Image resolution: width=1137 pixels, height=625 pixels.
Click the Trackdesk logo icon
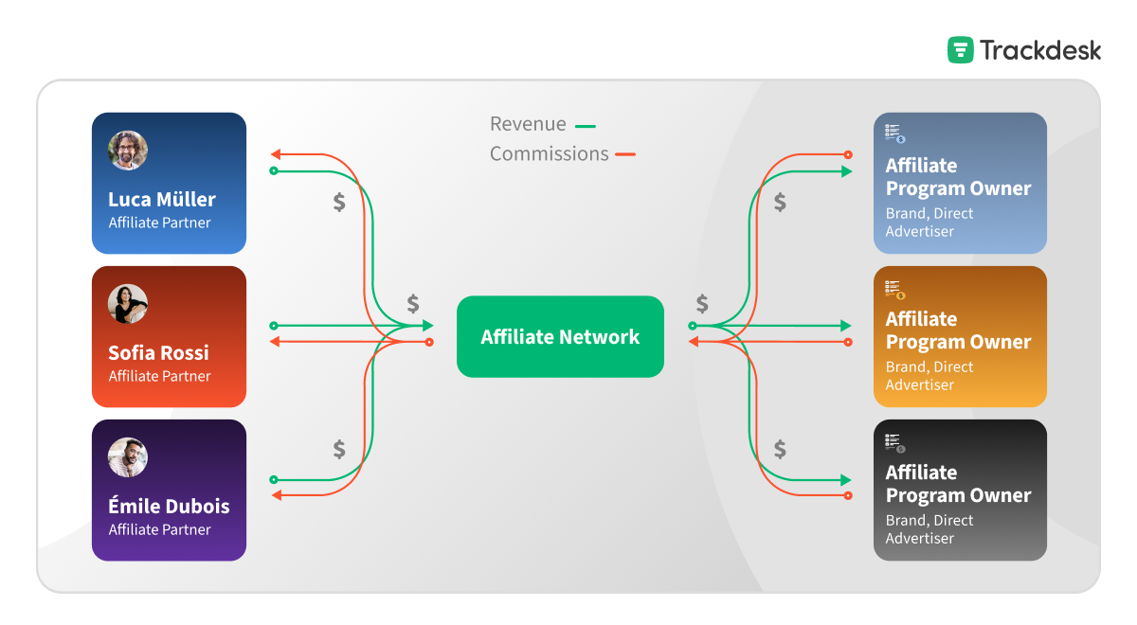[961, 50]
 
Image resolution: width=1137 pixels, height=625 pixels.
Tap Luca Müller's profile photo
[128, 151]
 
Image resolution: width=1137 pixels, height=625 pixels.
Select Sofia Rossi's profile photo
[128, 304]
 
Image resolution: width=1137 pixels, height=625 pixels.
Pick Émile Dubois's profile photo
[128, 457]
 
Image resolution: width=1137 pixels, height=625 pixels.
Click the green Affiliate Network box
[560, 337]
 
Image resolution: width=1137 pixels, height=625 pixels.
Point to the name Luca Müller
[162, 200]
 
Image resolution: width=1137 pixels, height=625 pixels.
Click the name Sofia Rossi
[158, 353]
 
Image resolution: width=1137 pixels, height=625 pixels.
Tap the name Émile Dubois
[169, 507]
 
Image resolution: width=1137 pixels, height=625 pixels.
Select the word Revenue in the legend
[528, 124]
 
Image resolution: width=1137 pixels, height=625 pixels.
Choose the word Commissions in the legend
[549, 153]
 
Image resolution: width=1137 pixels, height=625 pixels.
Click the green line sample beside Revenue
[586, 125]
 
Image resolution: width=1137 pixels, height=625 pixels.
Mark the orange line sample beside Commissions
[625, 154]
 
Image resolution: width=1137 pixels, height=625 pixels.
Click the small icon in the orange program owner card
[894, 289]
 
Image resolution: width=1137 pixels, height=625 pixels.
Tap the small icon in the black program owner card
[894, 442]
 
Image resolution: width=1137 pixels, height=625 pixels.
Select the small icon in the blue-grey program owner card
[894, 134]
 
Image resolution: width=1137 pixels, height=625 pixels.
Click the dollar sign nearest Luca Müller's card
[339, 202]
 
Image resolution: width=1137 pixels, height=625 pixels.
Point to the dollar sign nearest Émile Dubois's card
[339, 450]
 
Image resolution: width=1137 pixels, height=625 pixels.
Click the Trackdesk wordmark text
[1040, 50]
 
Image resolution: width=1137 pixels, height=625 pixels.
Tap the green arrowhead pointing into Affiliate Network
[426, 326]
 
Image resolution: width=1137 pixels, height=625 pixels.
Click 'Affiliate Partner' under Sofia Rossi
[159, 376]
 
